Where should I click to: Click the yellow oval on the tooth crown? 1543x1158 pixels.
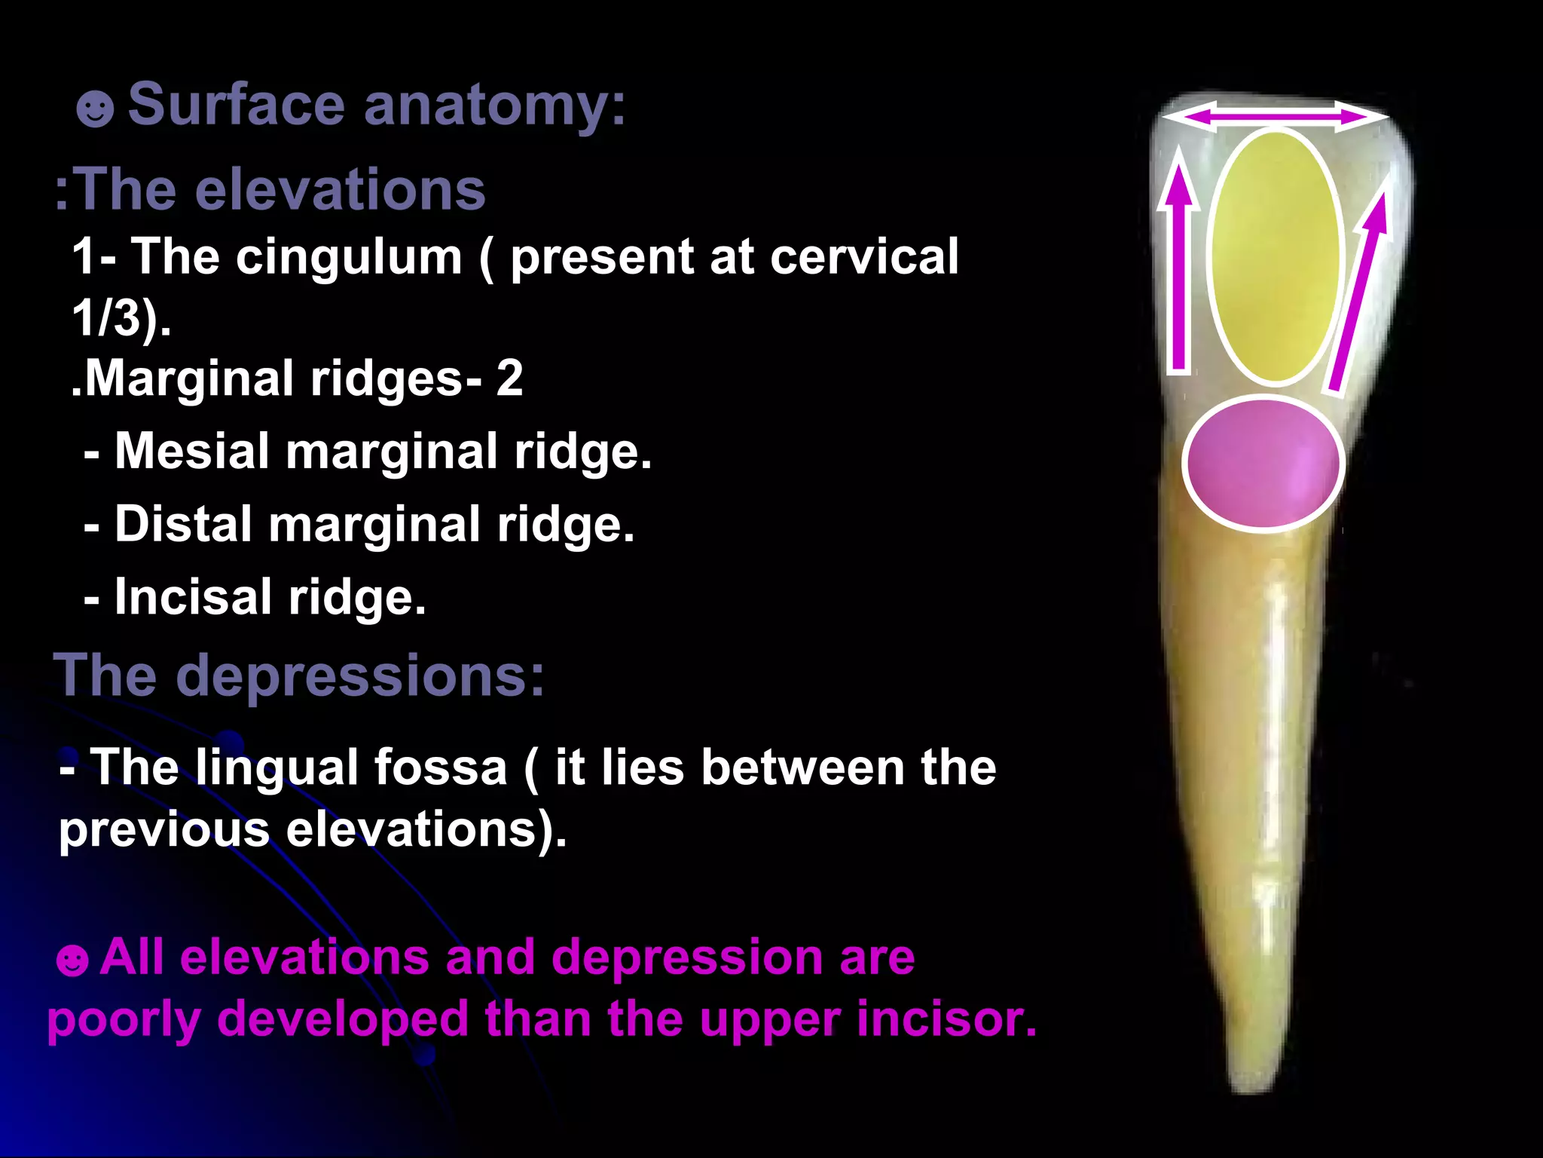(1276, 256)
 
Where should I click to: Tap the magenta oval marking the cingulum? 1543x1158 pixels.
(1263, 463)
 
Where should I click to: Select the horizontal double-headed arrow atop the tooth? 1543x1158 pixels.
(1275, 117)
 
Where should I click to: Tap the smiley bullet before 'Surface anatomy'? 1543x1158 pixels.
(95, 109)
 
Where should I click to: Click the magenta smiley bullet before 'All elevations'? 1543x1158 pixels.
(72, 961)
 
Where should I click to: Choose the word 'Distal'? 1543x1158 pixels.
(183, 524)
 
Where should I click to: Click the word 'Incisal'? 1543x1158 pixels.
(193, 597)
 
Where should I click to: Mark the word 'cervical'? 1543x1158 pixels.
(864, 256)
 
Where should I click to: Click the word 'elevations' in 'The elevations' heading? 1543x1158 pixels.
(341, 190)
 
